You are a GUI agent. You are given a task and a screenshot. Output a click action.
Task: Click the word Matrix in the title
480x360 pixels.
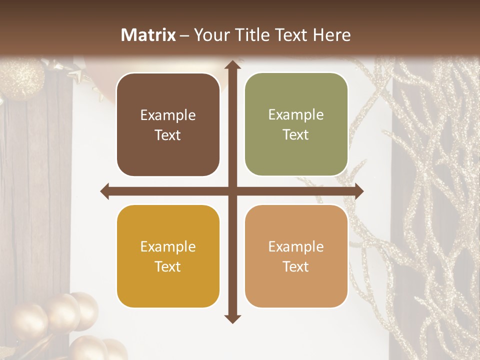(x=148, y=35)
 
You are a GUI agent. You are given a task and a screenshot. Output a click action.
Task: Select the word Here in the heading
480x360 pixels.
(x=331, y=35)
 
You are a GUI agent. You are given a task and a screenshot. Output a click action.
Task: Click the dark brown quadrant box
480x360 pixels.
(x=168, y=125)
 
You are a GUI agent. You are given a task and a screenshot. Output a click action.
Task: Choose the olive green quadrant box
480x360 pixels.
(x=296, y=124)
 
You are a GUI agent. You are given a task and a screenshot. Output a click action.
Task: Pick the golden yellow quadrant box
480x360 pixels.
(x=168, y=256)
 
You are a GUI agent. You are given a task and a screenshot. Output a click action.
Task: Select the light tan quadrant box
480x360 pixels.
(x=296, y=256)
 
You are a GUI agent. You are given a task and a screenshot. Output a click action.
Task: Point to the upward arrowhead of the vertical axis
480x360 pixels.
(x=231, y=64)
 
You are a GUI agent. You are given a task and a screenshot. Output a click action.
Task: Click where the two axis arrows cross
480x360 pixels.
(x=231, y=191)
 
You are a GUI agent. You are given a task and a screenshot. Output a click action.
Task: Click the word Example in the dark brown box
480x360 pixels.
(x=168, y=115)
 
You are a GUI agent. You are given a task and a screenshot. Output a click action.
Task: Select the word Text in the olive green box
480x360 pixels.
(x=296, y=135)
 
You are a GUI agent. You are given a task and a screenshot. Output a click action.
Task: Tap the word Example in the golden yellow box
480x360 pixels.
(x=168, y=247)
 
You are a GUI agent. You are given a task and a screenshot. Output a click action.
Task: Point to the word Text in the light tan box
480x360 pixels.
(x=296, y=267)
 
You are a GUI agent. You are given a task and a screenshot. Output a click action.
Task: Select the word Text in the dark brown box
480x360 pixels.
(x=168, y=135)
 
